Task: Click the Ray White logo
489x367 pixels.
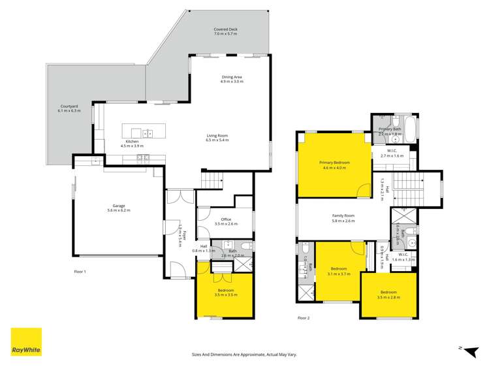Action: click(x=26, y=342)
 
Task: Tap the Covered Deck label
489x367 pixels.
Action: click(x=225, y=33)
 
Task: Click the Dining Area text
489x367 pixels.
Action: click(x=231, y=80)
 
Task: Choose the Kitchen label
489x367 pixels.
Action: click(x=132, y=144)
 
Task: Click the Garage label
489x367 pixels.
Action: click(x=119, y=208)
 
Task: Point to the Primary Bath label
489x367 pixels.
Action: click(x=390, y=131)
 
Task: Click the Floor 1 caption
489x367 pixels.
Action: click(x=80, y=271)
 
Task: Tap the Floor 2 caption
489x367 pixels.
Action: click(x=304, y=318)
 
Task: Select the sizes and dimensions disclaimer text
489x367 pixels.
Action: click(x=244, y=355)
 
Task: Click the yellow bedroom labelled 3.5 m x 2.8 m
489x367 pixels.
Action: click(x=388, y=295)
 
